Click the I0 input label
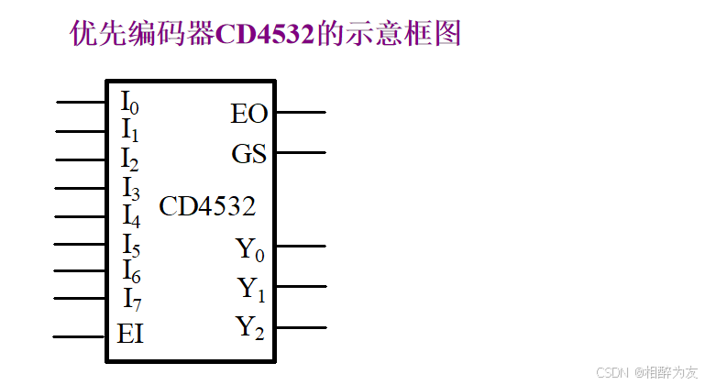pos(129,103)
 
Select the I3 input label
pos(130,188)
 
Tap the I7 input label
pos(131,299)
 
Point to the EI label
pos(130,334)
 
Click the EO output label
pos(248,114)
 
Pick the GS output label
pos(248,154)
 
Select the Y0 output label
pos(250,248)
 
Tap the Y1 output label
pos(251,289)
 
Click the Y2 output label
pos(250,327)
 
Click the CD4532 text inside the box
pos(207,206)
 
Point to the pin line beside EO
pos(300,113)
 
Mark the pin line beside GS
pos(300,152)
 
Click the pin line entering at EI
pos(79,336)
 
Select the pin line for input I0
pos(81,103)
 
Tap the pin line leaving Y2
pos(300,326)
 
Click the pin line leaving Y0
pos(300,246)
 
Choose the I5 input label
pos(130,245)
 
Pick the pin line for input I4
pos(81,217)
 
